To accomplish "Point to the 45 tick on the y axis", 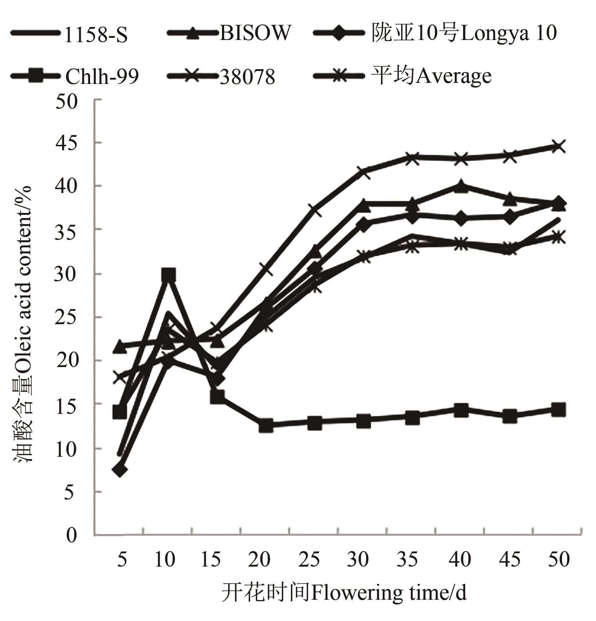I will coord(67,143).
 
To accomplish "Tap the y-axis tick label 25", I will coord(67,317).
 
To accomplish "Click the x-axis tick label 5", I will coord(122,560).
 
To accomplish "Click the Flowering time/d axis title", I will coord(344,593).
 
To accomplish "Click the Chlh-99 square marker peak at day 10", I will coord(169,275).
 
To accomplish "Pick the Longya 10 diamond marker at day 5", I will coord(120,470).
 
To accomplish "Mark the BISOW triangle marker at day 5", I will coord(120,347).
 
